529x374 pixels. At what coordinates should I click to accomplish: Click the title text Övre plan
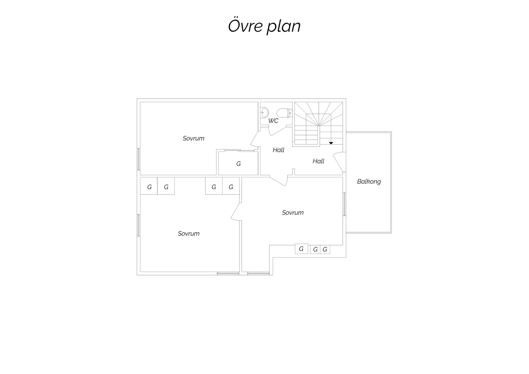click(264, 26)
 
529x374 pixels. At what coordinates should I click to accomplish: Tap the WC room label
click(273, 121)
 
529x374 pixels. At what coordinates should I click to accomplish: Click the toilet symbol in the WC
click(284, 113)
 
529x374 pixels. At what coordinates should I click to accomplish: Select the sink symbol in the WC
click(265, 112)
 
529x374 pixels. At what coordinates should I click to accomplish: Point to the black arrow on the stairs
click(331, 143)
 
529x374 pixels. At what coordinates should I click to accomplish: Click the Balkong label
click(369, 182)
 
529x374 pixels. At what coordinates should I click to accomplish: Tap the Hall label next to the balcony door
click(318, 161)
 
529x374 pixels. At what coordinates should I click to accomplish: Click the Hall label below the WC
click(278, 150)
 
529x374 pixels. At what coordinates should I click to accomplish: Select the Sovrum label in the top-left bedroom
click(193, 138)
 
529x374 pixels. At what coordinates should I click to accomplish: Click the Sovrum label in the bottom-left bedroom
click(189, 233)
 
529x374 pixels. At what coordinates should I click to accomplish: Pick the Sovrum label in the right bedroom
click(293, 213)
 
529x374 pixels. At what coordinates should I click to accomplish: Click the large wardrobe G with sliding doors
click(238, 163)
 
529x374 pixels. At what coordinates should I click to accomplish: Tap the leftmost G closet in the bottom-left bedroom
click(149, 186)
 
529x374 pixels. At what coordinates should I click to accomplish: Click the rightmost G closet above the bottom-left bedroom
click(231, 186)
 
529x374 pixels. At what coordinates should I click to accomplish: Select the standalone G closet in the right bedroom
click(301, 249)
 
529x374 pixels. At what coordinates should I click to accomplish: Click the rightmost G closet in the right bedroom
click(325, 250)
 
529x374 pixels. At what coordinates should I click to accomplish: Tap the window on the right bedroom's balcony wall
click(344, 204)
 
